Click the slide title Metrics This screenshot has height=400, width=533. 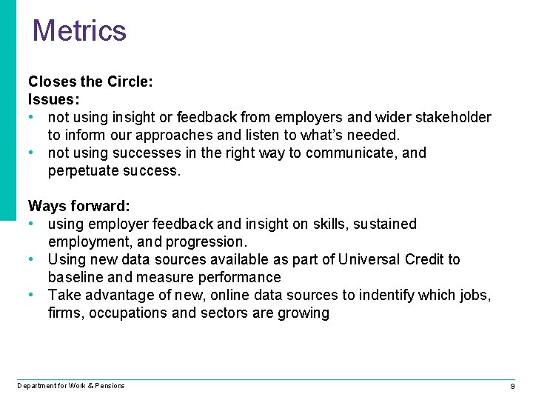79,30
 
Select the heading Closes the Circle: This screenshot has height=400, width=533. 90,81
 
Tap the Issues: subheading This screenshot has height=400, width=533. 54,99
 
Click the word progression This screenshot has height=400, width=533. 204,241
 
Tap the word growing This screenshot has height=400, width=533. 303,313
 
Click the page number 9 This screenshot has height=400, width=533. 512,387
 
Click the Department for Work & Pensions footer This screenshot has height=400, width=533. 71,385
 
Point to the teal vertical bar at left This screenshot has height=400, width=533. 7,111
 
